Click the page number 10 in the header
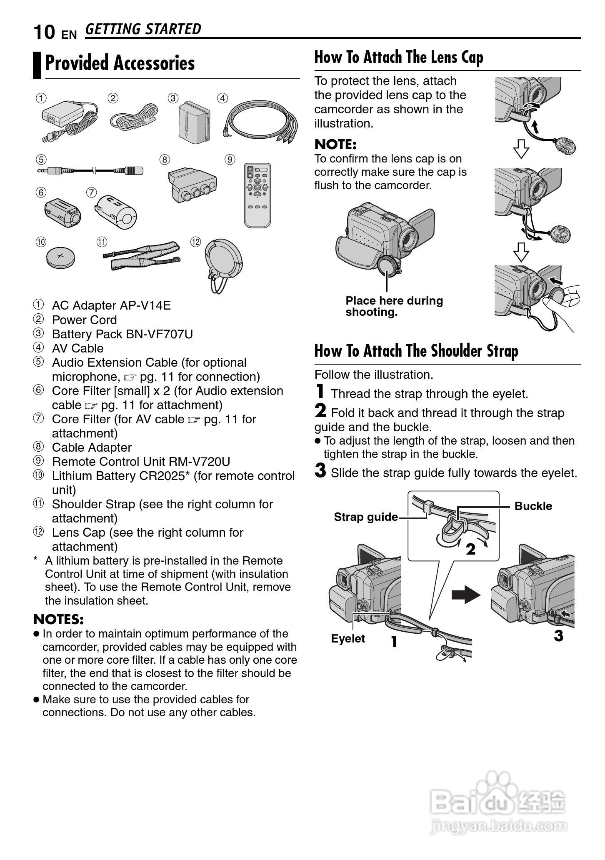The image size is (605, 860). (x=44, y=32)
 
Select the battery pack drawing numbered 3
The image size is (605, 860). (x=194, y=121)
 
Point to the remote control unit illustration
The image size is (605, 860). (x=257, y=195)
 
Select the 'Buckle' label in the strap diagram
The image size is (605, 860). (x=533, y=506)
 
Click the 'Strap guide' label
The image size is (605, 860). (x=365, y=517)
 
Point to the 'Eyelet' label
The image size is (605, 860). (x=348, y=638)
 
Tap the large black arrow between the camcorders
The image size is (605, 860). (x=466, y=594)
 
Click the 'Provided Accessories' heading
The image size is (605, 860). (x=120, y=63)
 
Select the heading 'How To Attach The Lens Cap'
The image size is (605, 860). (x=399, y=57)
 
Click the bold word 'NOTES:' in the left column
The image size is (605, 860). (x=58, y=619)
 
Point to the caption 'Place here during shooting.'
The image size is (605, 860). (x=394, y=306)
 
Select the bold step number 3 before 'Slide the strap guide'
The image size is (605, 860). (x=320, y=471)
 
